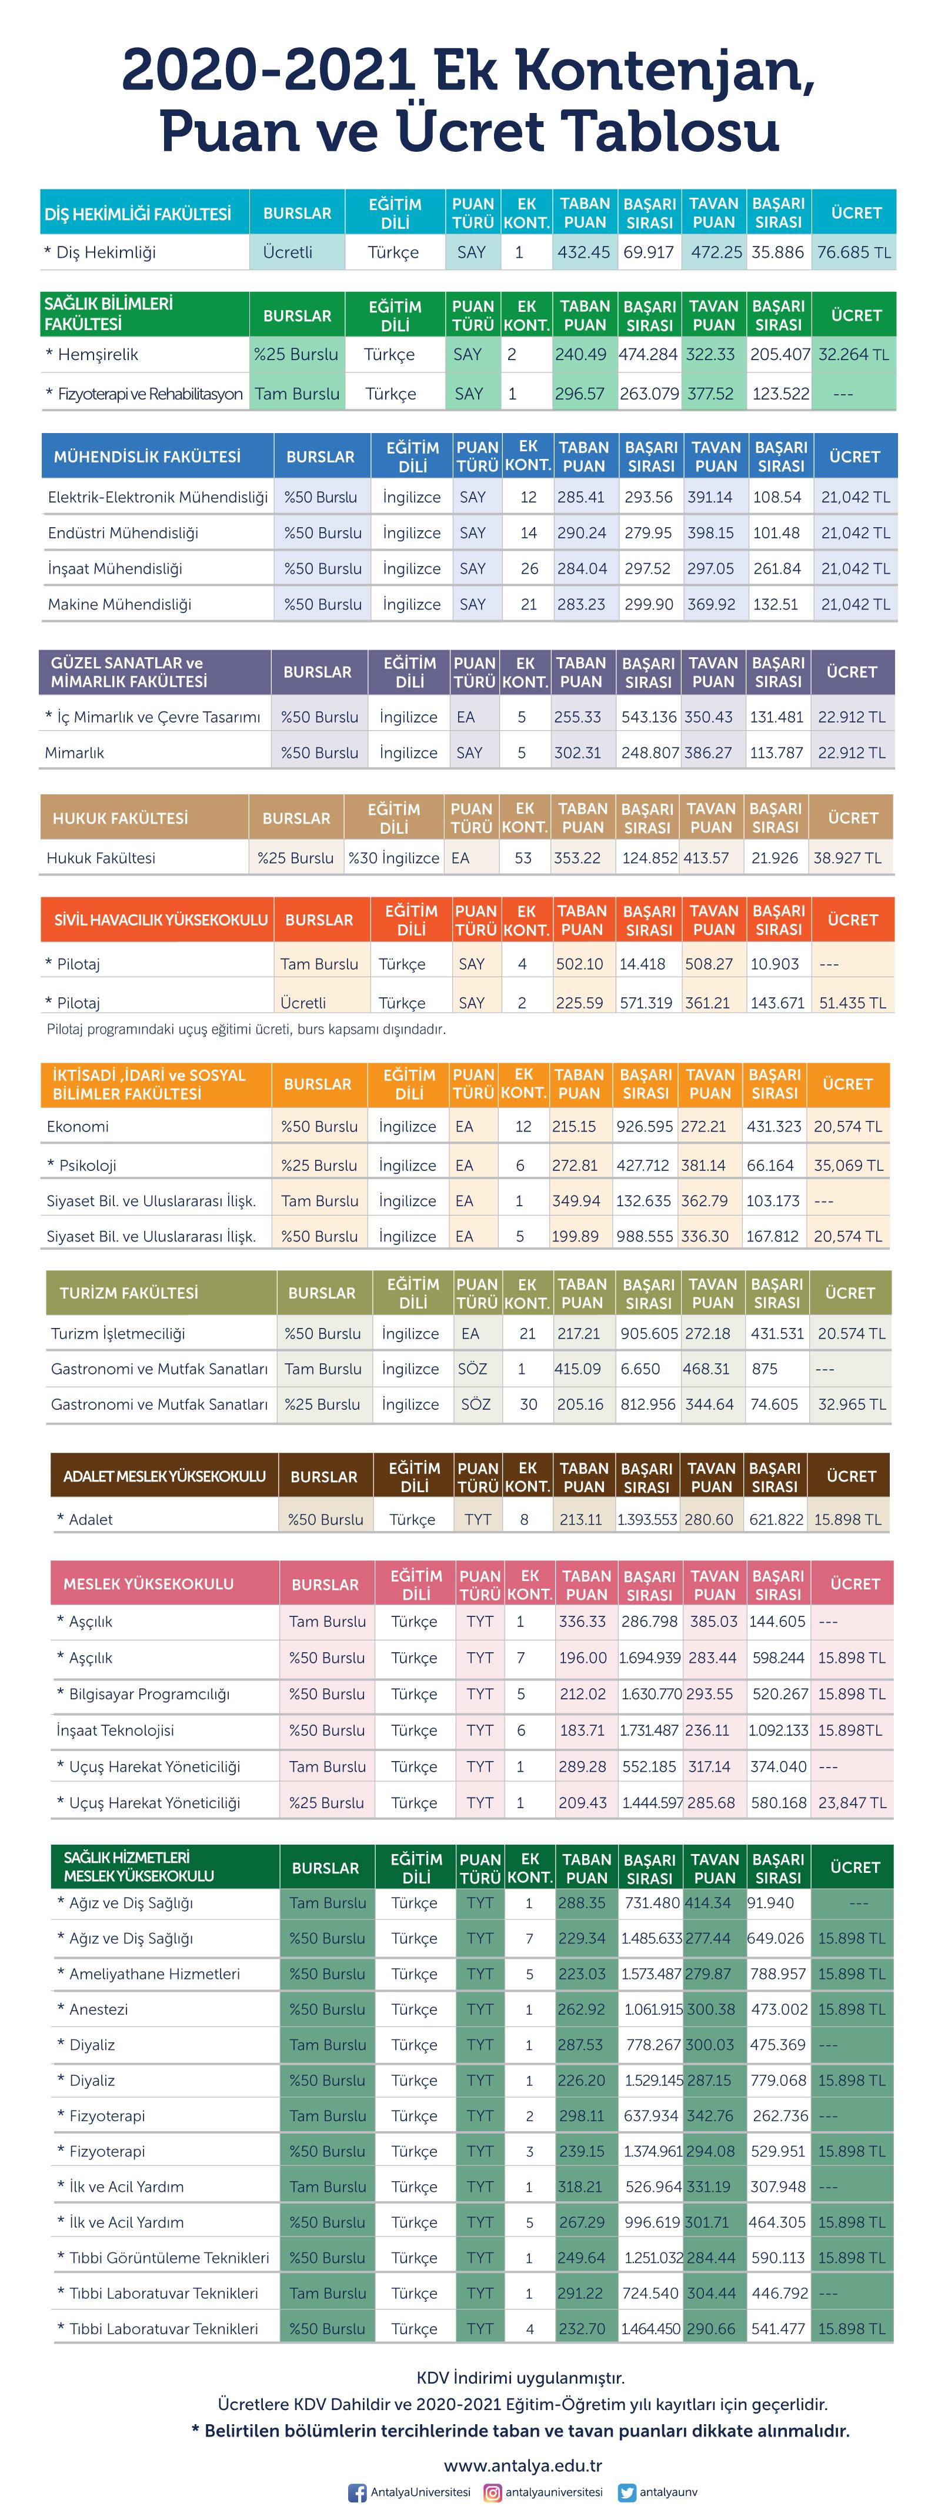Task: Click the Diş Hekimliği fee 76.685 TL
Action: click(x=854, y=252)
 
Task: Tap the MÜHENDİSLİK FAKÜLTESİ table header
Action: click(x=146, y=456)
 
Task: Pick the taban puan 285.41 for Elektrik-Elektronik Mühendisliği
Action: click(x=581, y=497)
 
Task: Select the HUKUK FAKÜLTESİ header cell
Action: click(x=120, y=818)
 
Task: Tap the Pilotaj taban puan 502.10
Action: click(x=580, y=964)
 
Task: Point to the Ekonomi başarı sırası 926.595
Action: click(x=644, y=1126)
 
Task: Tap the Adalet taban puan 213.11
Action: click(x=581, y=1520)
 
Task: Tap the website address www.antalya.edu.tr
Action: click(x=523, y=2466)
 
